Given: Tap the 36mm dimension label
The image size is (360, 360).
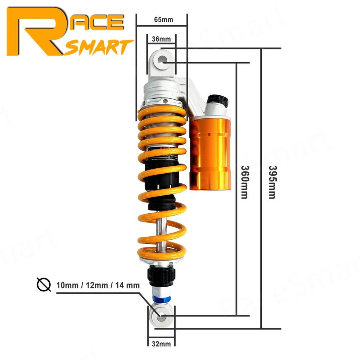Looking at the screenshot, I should [161, 39].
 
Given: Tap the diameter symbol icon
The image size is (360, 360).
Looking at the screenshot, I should [44, 285].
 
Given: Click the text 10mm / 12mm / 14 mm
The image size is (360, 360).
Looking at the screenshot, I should [98, 285].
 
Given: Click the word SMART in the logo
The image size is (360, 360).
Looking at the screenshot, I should [99, 47].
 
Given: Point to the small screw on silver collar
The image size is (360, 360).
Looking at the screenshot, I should [165, 100].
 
